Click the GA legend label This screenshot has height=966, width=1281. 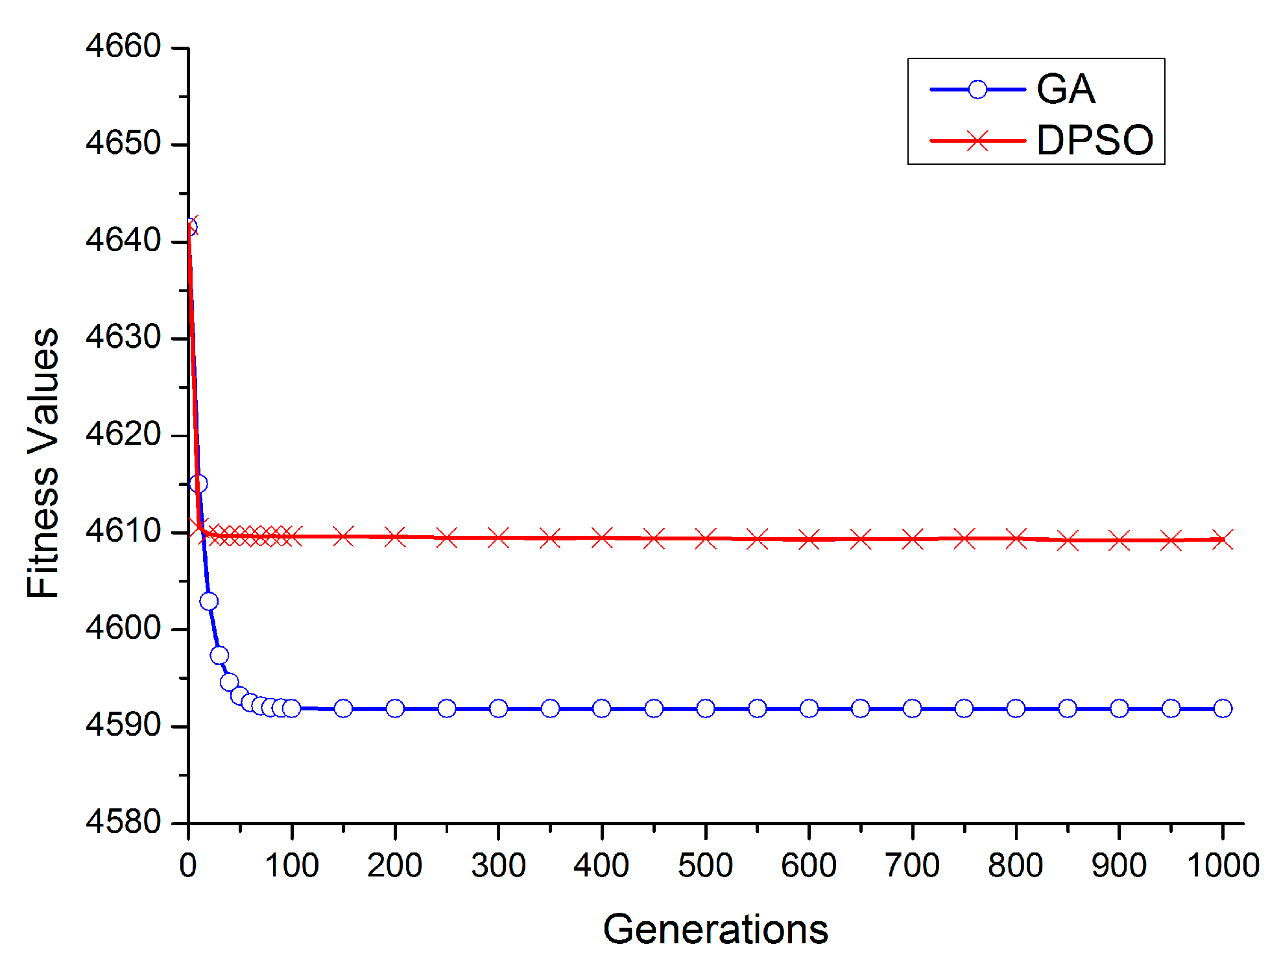click(x=1065, y=89)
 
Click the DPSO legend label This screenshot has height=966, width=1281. click(x=1094, y=140)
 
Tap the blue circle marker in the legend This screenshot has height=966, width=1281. click(x=977, y=90)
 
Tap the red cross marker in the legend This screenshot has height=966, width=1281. click(x=977, y=140)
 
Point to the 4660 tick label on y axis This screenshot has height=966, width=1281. click(x=123, y=47)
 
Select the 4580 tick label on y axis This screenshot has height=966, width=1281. click(x=123, y=822)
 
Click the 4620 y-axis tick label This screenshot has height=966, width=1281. click(x=123, y=434)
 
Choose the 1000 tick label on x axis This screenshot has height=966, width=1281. click(x=1223, y=866)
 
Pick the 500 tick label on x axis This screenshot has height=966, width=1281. click(x=705, y=866)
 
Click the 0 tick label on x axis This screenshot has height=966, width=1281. click(x=188, y=866)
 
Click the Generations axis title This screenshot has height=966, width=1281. click(x=715, y=929)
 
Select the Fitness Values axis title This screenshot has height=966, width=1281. click(x=43, y=463)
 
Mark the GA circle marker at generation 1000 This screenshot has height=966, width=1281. click(x=1223, y=708)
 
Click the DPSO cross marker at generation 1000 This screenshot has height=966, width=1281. click(x=1223, y=539)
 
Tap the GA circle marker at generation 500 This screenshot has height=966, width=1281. click(x=705, y=708)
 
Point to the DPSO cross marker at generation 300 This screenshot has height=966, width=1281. click(x=498, y=538)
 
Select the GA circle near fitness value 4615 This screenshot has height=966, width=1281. click(x=198, y=483)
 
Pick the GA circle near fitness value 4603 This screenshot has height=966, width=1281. click(x=209, y=601)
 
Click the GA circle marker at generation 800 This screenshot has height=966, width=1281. click(x=1016, y=708)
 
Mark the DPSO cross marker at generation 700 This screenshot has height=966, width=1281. click(x=912, y=538)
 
